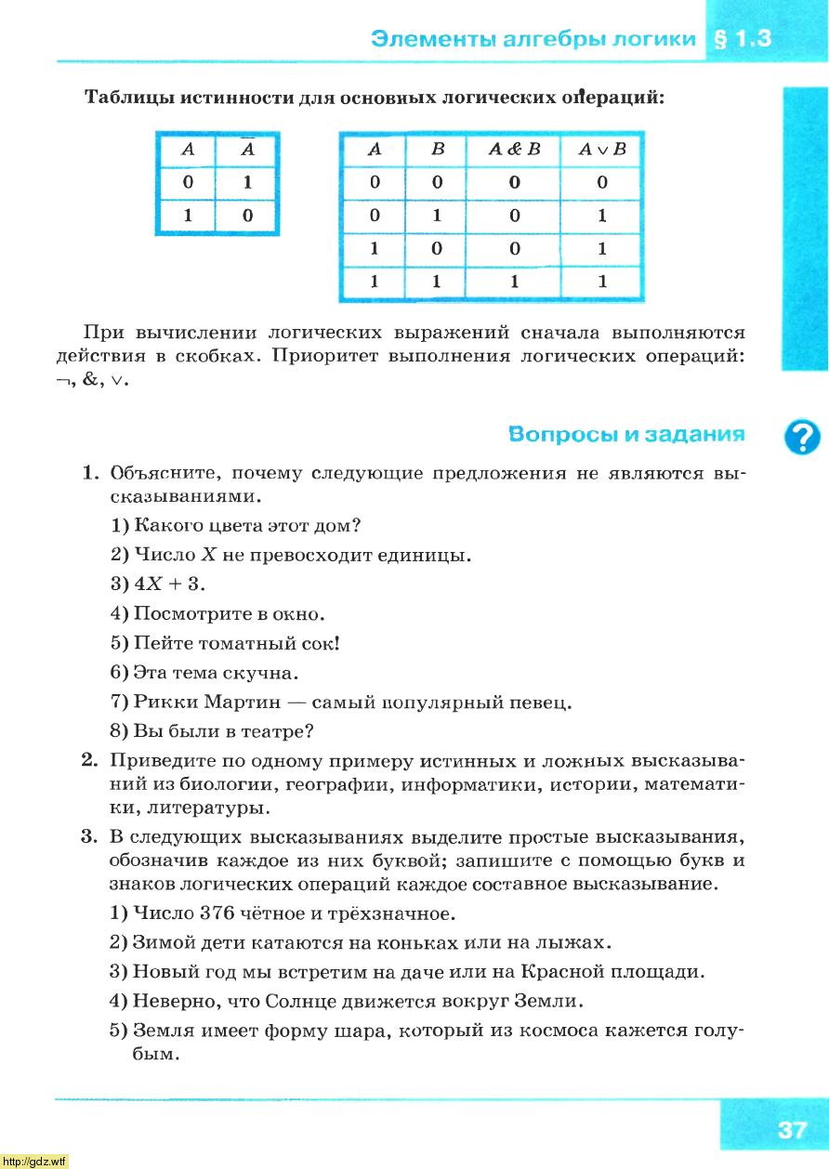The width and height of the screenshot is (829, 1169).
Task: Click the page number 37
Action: [x=792, y=1130]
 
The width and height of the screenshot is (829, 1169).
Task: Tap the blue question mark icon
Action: [x=802, y=437]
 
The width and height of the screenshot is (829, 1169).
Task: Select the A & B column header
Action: [x=514, y=150]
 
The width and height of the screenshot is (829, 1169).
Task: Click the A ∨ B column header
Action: [x=602, y=150]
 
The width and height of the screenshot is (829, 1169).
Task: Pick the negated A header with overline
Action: [x=247, y=149]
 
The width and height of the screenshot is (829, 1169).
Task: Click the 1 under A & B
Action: [x=514, y=282]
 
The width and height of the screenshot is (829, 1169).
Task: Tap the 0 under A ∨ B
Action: [x=602, y=183]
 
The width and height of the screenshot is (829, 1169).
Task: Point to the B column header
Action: [x=438, y=150]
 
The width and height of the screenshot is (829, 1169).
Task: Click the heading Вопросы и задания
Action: [x=627, y=434]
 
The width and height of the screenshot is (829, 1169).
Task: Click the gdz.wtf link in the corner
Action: [x=35, y=1162]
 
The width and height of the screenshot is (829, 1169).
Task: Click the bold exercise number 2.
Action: [x=89, y=761]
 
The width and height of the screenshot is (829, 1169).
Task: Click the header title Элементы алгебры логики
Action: [x=533, y=39]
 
